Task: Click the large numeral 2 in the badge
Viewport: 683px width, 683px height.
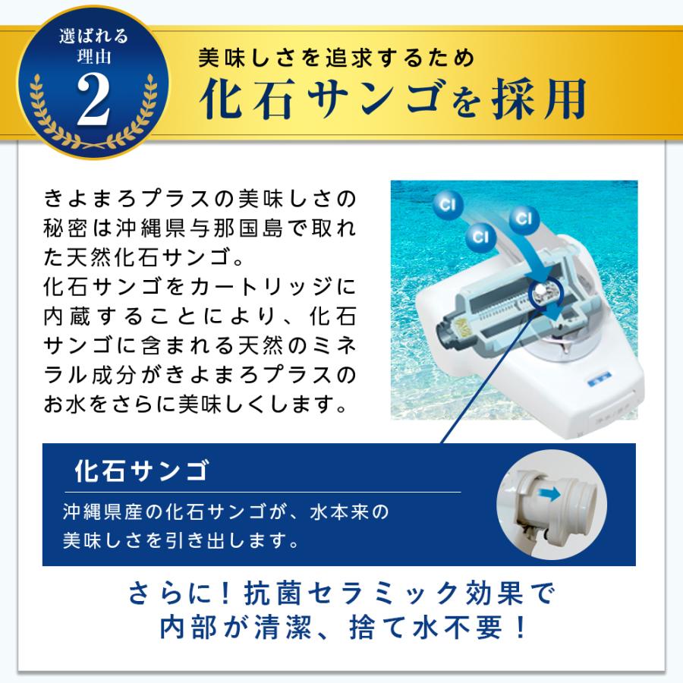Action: [93, 99]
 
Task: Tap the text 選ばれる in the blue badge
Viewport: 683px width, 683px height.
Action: [93, 36]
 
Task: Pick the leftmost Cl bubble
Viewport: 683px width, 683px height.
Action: [448, 205]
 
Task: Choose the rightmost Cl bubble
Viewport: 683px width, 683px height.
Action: [524, 219]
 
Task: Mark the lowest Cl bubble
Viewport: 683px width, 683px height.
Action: [480, 237]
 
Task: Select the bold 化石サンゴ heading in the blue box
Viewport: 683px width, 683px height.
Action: [142, 471]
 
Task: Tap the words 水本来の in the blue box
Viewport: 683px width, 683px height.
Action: [349, 511]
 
